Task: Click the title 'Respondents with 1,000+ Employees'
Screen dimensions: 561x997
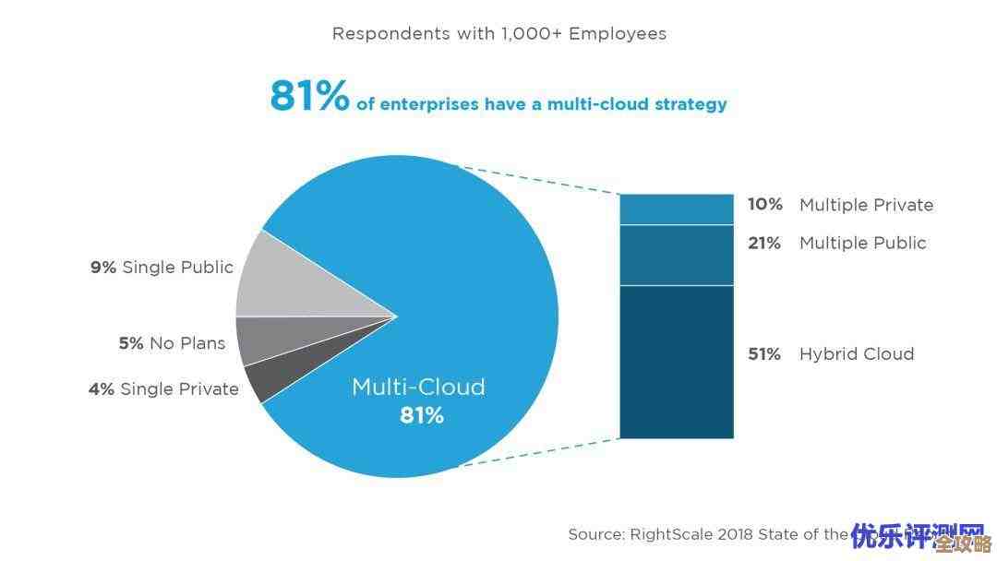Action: tap(498, 34)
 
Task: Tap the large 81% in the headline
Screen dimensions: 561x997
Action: tap(309, 96)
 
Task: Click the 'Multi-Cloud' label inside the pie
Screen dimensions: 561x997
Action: tap(418, 388)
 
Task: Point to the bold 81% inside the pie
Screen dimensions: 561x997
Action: tap(422, 416)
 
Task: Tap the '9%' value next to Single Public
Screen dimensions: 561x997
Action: tap(103, 268)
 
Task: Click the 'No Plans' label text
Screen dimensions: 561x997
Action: tap(187, 343)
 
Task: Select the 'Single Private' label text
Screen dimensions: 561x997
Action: tap(179, 389)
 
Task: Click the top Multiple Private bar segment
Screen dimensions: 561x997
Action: tap(676, 209)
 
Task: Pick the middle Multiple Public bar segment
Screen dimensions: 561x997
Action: tap(676, 255)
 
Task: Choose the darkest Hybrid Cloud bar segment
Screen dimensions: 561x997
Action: tap(676, 362)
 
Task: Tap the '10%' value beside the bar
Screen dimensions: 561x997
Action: tap(764, 205)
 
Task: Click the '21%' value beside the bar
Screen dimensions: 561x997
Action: tap(764, 244)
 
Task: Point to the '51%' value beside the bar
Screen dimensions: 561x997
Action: tap(764, 354)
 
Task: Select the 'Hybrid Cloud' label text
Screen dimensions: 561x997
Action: tap(857, 354)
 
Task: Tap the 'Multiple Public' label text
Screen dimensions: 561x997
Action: tap(862, 244)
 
